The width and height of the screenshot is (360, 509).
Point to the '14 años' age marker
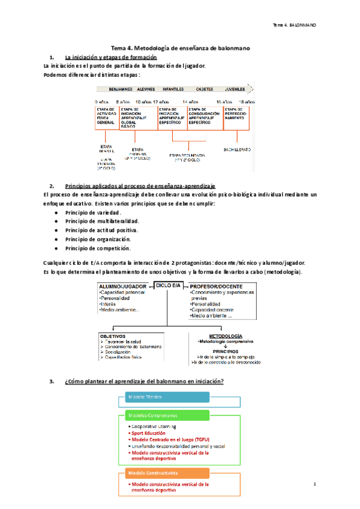(190, 101)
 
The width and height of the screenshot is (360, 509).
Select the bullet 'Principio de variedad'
(93, 212)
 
